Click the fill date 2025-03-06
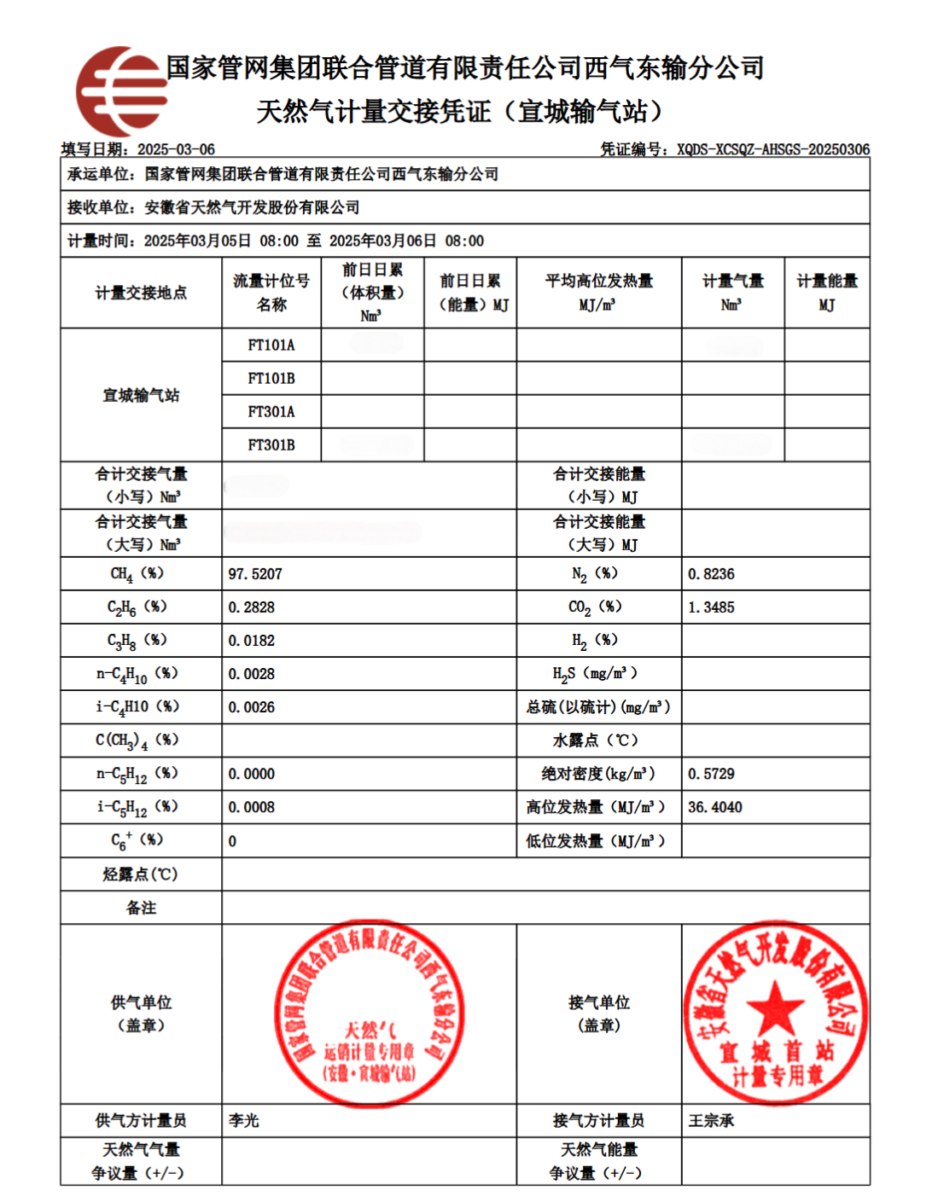176,149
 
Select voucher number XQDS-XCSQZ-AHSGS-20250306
773,149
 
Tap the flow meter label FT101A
271,346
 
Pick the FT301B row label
271,445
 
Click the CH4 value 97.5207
255,574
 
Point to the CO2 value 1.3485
711,607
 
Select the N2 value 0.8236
711,574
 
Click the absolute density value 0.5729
711,774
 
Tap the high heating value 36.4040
715,807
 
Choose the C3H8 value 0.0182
252,641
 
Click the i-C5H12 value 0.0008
252,807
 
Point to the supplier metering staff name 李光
244,1120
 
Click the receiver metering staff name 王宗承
711,1120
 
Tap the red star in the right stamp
775,1007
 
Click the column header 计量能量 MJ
827,293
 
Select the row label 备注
141,908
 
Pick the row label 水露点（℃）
598,740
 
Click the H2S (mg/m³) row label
595,674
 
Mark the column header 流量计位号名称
271,293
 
